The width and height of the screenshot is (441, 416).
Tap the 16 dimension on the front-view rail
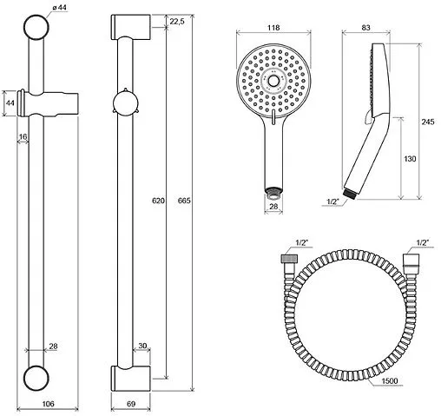pos(22,137)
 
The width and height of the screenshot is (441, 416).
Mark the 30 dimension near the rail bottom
pos(142,346)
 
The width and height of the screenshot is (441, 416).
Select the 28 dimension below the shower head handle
pos(274,208)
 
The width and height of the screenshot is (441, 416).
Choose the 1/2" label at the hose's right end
pos(423,243)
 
